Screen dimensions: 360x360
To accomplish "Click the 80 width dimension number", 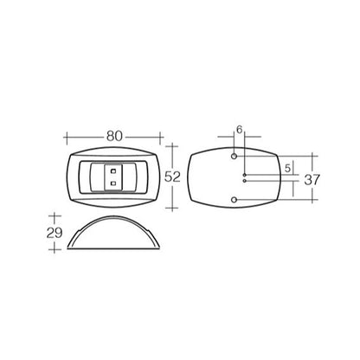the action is pyautogui.click(x=114, y=136).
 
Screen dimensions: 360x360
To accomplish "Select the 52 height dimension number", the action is pyautogui.click(x=172, y=177).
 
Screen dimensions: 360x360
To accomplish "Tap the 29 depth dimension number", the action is pyautogui.click(x=55, y=233).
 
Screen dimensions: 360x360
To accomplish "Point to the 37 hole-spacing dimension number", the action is pyautogui.click(x=312, y=180).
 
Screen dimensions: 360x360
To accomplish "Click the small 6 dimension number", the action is pyautogui.click(x=240, y=130).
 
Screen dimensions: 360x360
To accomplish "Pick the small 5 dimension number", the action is pyautogui.click(x=287, y=168).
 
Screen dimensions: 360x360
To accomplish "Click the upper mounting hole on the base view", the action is pyautogui.click(x=235, y=156).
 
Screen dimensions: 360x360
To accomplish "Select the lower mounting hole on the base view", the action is pyautogui.click(x=235, y=200).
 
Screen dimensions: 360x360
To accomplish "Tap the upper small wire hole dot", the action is pyautogui.click(x=245, y=175).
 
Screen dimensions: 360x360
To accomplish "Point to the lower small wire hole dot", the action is pyautogui.click(x=245, y=181).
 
